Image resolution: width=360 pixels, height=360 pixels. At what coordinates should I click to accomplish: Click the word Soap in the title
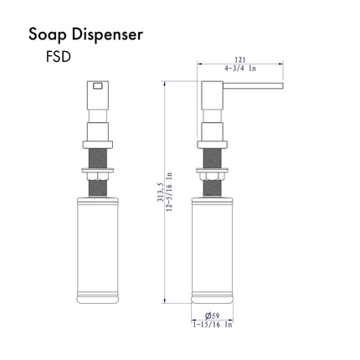tap(48, 35)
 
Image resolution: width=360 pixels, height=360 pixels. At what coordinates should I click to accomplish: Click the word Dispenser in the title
tap(107, 34)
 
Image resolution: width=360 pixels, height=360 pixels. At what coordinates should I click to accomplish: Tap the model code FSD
tap(59, 57)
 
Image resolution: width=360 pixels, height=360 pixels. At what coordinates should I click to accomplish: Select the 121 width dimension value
tap(240, 59)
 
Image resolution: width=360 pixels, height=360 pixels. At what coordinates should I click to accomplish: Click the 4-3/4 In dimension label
tap(240, 68)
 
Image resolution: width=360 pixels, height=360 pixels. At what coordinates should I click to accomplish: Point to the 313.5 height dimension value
tap(160, 192)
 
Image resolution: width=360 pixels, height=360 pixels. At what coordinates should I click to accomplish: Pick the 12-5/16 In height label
tap(169, 192)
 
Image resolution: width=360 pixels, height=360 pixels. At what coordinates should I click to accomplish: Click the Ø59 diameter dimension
tap(212, 316)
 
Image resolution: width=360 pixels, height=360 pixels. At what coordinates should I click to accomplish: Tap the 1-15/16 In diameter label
tap(213, 324)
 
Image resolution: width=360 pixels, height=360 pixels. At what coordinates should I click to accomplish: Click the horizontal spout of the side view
tap(253, 85)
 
